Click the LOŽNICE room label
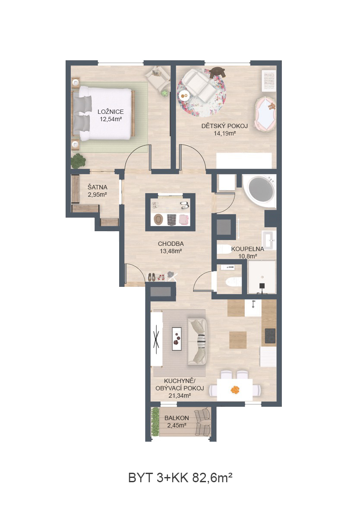tap(111, 112)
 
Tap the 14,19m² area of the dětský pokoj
tap(225, 133)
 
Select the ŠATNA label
tap(97, 187)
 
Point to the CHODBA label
tap(171, 244)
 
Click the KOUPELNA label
tap(248, 249)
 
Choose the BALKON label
tap(177, 418)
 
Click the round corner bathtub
tap(259, 190)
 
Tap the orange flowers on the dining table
tap(235, 390)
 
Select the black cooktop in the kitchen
tap(270, 336)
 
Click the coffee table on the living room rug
tap(177, 339)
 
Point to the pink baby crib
tap(265, 114)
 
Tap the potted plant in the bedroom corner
tap(79, 161)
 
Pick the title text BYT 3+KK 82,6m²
tap(180, 477)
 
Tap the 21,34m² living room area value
tap(180, 396)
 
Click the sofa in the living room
tap(197, 341)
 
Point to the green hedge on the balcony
tap(155, 422)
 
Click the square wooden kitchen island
tap(238, 340)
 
